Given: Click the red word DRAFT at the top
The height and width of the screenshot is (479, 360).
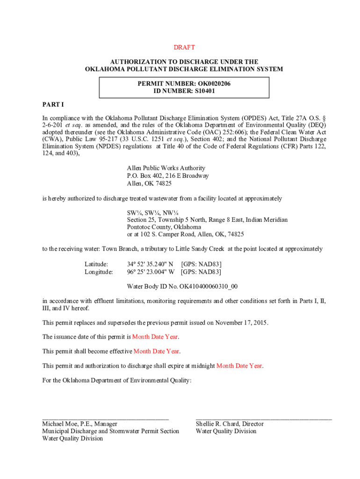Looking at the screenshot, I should point(184,48).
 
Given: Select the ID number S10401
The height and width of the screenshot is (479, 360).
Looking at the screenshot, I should point(205,91).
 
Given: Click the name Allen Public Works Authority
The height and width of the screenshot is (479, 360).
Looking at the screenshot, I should point(166,168).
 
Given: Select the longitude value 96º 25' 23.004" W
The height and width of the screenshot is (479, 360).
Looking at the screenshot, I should point(151,272).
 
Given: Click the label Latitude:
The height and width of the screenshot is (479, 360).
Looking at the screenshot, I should point(96,264).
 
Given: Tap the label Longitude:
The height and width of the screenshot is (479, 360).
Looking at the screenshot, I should point(99,272).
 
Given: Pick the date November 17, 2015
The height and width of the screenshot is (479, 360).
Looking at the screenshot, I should point(241,323).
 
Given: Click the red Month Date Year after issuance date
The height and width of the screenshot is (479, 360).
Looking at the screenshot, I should point(155,337).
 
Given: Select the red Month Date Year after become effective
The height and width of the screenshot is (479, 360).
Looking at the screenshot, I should point(157,351).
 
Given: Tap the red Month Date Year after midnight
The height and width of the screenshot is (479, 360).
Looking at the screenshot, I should point(239,366).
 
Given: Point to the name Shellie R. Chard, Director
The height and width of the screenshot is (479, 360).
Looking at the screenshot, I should point(230,424).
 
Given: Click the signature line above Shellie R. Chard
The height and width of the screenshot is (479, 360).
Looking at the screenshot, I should point(264,418).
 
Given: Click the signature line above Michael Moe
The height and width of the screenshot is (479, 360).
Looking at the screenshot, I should point(105,418).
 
